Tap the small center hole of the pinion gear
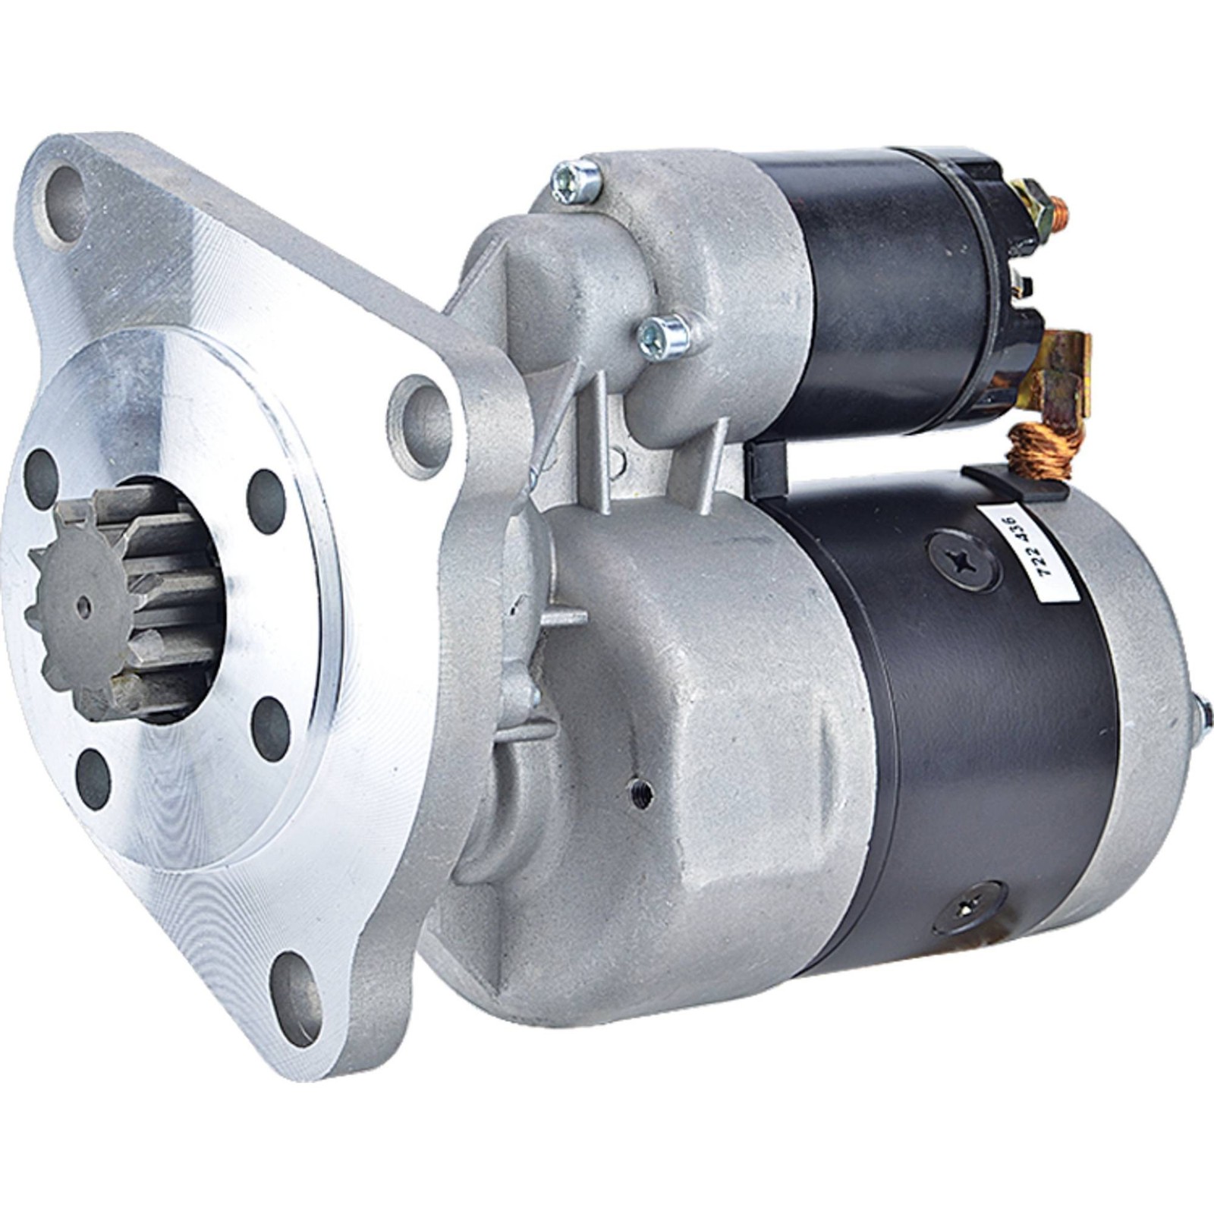click(x=84, y=605)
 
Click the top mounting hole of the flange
click(x=67, y=193)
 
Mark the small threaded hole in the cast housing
click(x=641, y=794)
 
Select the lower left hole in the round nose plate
click(x=93, y=777)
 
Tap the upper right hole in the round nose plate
click(x=266, y=490)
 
